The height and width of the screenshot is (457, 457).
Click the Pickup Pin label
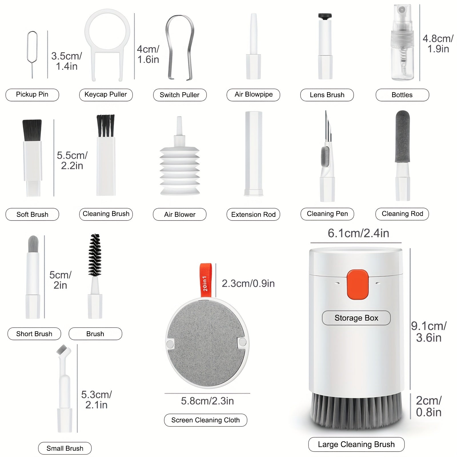[x=32, y=95]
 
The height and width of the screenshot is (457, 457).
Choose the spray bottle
[x=402, y=43]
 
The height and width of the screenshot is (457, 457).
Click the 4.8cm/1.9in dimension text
[x=438, y=44]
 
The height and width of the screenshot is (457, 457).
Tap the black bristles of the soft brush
[x=32, y=130]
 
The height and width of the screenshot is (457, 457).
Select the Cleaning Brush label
[x=106, y=214]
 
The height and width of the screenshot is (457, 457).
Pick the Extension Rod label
[x=253, y=215]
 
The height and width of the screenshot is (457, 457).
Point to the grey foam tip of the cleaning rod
[x=402, y=137]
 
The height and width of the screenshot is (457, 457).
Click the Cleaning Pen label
[x=327, y=214]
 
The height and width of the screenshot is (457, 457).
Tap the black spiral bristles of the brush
[x=95, y=255]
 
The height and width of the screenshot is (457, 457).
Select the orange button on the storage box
[x=357, y=284]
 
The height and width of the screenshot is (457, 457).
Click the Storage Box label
[x=356, y=318]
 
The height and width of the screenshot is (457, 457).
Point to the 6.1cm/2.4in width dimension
[x=358, y=233]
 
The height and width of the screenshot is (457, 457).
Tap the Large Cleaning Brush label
[x=356, y=444]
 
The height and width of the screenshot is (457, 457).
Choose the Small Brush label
[x=65, y=448]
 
